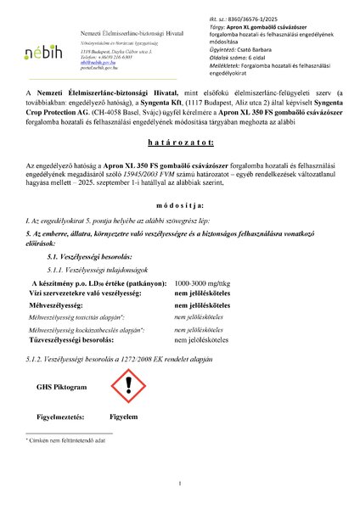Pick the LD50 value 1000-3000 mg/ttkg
click(x=202, y=282)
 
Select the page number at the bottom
click(x=180, y=484)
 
